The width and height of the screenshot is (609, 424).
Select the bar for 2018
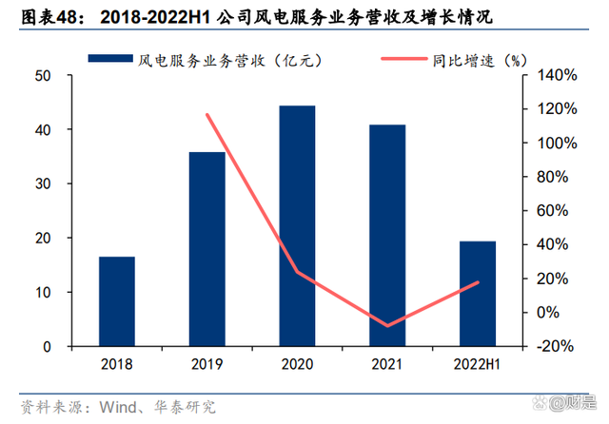pyautogui.click(x=117, y=301)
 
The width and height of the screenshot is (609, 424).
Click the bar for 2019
pyautogui.click(x=206, y=249)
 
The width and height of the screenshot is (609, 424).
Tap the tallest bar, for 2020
pyautogui.click(x=297, y=226)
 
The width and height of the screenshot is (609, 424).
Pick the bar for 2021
pyautogui.click(x=387, y=236)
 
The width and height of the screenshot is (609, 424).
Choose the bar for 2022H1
pyautogui.click(x=477, y=294)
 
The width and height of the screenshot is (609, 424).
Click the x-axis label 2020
pyautogui.click(x=297, y=363)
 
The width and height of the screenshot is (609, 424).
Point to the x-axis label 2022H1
pyautogui.click(x=477, y=363)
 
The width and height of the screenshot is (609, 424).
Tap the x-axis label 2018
pyautogui.click(x=117, y=363)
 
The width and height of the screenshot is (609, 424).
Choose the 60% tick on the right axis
pyautogui.click(x=550, y=211)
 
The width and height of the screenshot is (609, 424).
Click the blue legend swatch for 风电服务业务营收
pyautogui.click(x=109, y=59)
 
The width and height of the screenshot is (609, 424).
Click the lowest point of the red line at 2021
pyautogui.click(x=387, y=326)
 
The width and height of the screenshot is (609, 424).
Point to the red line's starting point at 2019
pyautogui.click(x=206, y=115)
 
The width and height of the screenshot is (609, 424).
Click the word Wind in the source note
pyautogui.click(x=112, y=407)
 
